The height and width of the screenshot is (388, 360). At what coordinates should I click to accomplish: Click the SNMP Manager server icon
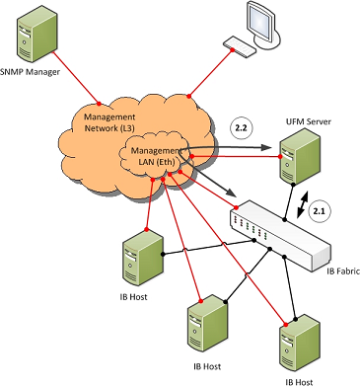(x=36, y=36)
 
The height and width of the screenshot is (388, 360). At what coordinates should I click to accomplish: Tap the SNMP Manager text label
(x=30, y=72)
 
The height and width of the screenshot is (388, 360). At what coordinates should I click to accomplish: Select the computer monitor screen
(x=260, y=20)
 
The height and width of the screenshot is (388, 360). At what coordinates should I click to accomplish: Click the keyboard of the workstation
(x=240, y=46)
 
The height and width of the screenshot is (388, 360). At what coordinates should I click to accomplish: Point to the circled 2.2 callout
(x=242, y=127)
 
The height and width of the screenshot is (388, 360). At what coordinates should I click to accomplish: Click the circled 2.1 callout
(x=320, y=212)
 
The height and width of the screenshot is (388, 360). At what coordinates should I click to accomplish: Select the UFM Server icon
(x=300, y=156)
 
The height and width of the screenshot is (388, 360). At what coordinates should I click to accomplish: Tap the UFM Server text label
(x=308, y=121)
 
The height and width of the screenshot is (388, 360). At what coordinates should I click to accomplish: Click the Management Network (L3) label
(x=109, y=122)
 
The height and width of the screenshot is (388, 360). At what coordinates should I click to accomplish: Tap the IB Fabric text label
(x=343, y=272)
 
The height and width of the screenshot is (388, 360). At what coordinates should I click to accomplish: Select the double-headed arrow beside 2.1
(x=303, y=205)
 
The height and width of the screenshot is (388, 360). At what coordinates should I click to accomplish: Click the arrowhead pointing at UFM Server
(x=266, y=147)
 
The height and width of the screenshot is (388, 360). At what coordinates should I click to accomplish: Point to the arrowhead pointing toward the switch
(x=231, y=192)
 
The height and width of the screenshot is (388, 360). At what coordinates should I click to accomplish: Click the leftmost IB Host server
(x=143, y=258)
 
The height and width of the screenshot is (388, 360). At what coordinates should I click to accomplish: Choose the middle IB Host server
(x=208, y=325)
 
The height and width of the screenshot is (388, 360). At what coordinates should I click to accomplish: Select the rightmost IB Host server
(x=300, y=344)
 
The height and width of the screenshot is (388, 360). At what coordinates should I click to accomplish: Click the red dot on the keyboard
(x=233, y=50)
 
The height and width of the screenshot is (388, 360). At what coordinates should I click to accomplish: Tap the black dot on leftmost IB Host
(x=163, y=254)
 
